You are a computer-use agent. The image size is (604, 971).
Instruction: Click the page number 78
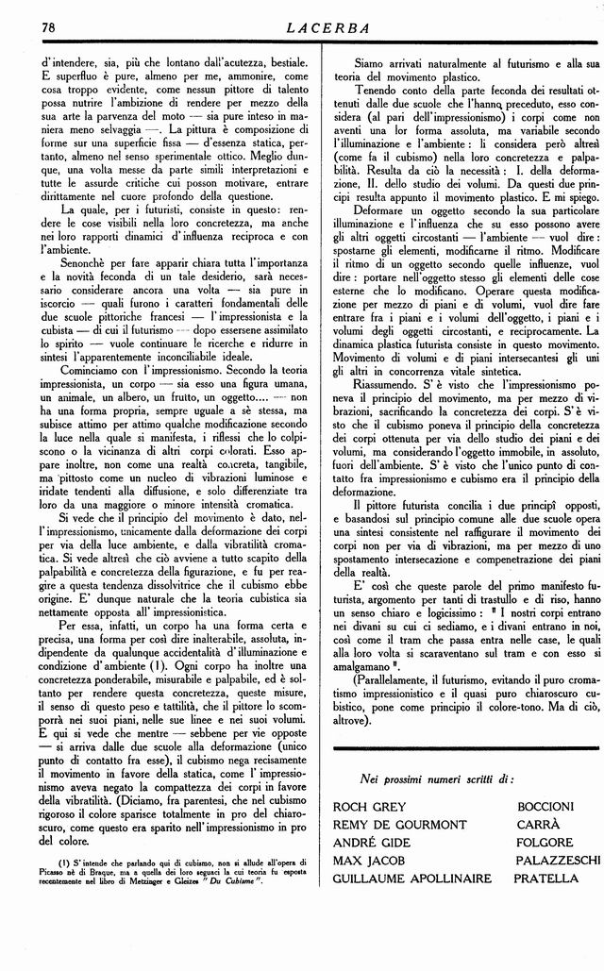[x=49, y=26]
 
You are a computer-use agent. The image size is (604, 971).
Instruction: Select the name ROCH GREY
[x=370, y=807]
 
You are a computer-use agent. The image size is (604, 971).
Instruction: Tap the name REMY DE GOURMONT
[x=399, y=825]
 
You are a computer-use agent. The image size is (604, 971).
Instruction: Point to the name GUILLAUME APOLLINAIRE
[x=412, y=879]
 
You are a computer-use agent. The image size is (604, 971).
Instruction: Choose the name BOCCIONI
[x=545, y=807]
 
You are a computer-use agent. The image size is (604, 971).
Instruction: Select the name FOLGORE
[x=545, y=843]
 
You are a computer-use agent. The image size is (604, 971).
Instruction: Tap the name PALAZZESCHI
[x=558, y=861]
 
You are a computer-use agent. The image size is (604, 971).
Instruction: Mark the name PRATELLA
[x=546, y=879]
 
